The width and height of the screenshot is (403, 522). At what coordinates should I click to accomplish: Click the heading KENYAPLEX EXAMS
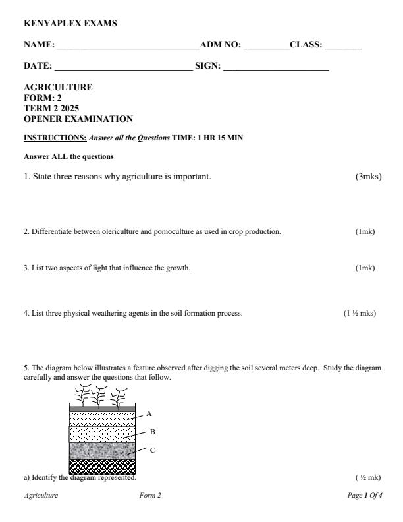coord(70,24)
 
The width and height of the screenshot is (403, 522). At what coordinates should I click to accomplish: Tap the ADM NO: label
coord(221,45)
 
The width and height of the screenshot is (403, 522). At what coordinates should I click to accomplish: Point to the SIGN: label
coord(208,66)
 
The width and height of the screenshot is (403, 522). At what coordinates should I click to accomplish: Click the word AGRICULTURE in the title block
coord(58,87)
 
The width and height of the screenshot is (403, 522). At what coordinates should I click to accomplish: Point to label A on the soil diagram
coord(149,413)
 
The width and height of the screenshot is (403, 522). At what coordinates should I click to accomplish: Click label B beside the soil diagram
coord(152,432)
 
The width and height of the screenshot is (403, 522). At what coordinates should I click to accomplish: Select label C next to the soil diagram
coord(152,450)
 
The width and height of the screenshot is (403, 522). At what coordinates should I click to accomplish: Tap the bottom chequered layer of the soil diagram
coord(102,467)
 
